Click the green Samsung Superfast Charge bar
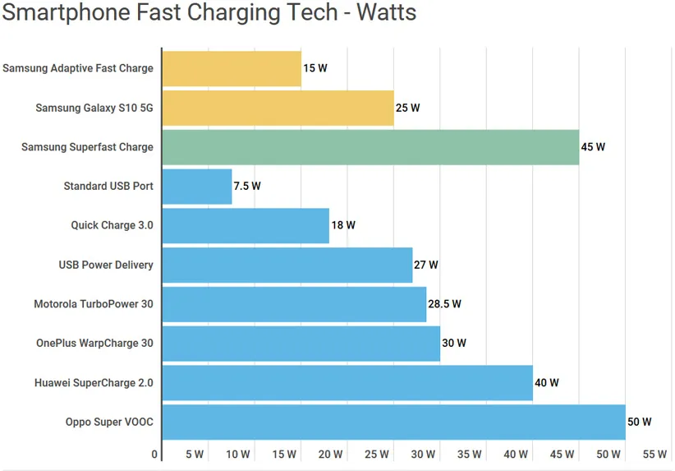point(370,147)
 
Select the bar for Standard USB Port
point(197,187)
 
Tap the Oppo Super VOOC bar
point(393,423)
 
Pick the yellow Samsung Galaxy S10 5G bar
point(278,108)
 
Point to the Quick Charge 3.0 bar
point(246,225)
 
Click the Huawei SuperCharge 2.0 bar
point(347,383)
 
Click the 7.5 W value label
point(247,187)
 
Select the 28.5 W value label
point(445,304)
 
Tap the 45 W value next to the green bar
point(593,147)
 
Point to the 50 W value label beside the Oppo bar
point(640,423)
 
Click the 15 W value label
point(315,68)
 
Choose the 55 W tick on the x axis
point(654,455)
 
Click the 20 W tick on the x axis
point(330,455)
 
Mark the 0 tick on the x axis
point(155,455)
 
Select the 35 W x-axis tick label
point(469,455)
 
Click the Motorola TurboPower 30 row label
point(94,304)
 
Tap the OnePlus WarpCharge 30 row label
point(94,344)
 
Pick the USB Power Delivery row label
point(106,265)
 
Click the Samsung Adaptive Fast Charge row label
point(78,68)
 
